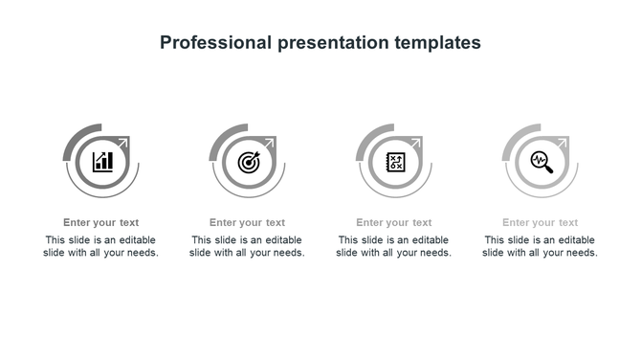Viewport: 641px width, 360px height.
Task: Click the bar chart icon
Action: coord(101,161)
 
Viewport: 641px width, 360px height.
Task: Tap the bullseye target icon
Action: coord(248,161)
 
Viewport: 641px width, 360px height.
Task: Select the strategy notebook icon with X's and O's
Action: coord(394,161)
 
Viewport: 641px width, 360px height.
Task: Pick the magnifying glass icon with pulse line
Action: coord(542,161)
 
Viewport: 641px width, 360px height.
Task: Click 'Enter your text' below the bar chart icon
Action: coord(101,223)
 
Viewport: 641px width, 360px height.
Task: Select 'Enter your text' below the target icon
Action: coord(248,223)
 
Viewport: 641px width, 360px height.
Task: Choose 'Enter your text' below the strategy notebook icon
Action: coord(394,223)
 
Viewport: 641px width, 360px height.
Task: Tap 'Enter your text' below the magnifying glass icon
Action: coord(541,223)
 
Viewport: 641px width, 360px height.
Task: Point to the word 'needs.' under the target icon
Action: coord(288,254)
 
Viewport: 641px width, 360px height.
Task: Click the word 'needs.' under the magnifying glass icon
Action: coord(581,254)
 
